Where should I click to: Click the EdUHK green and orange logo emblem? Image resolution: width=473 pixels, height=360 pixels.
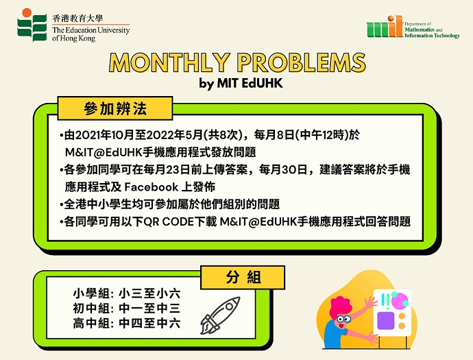[32, 25]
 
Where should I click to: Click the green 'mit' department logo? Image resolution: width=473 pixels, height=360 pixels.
[385, 27]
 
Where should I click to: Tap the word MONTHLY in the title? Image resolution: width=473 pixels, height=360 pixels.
[169, 63]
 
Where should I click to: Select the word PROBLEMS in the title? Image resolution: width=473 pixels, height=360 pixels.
[301, 63]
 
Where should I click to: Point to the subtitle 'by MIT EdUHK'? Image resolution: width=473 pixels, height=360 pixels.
[241, 83]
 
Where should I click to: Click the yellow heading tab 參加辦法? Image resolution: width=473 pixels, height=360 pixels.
[115, 108]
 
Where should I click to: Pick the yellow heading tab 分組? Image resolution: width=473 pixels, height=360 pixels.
[243, 277]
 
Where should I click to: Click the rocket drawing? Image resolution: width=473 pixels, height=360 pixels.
[220, 315]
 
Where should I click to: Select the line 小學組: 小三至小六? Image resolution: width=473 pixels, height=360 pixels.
[127, 293]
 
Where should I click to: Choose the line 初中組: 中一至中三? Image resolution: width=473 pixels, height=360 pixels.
[127, 309]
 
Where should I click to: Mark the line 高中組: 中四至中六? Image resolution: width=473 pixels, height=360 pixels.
[127, 323]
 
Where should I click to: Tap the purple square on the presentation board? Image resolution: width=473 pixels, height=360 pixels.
[386, 320]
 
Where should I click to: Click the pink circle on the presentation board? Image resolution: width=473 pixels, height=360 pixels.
[400, 300]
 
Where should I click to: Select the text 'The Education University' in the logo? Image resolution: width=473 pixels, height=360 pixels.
[90, 30]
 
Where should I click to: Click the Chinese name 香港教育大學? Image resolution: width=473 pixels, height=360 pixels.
[77, 19]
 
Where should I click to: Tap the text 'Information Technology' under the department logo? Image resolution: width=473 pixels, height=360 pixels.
[432, 36]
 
